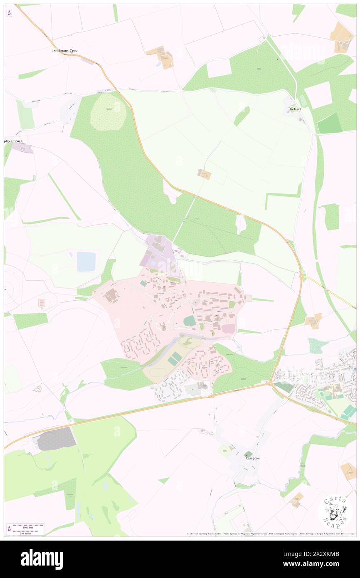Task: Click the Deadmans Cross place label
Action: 66,51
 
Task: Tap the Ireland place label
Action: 295,109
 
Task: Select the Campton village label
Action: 252,458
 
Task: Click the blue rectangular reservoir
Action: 86,262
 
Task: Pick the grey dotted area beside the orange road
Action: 57,439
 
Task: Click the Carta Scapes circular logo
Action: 335,511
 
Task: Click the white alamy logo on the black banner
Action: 42,559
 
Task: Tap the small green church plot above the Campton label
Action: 248,453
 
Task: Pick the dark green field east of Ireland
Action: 329,123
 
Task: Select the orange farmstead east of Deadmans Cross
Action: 161,57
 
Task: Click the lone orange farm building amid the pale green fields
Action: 205,175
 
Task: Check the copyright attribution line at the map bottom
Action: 270,534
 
